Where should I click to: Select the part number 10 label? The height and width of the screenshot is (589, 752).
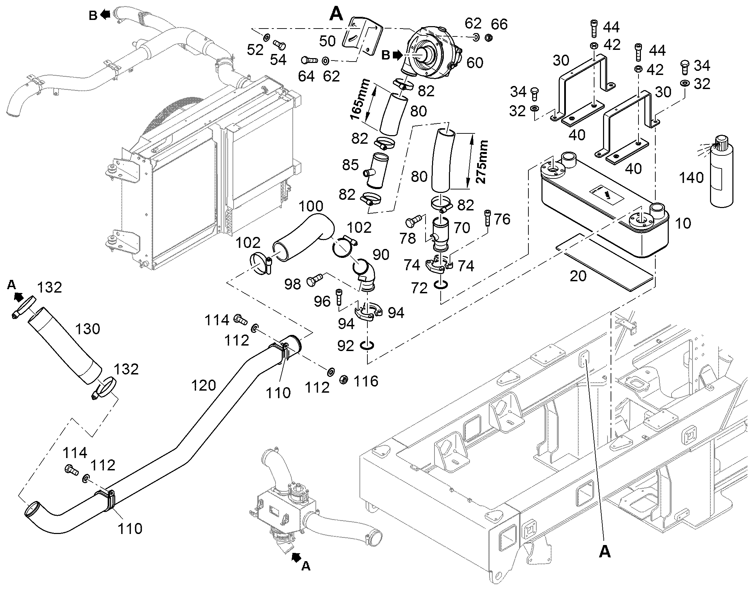(x=683, y=223)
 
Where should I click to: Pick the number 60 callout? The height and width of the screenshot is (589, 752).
(x=475, y=63)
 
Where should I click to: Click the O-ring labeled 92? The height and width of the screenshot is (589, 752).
(x=367, y=345)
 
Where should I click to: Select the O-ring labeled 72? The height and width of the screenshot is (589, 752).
(x=442, y=284)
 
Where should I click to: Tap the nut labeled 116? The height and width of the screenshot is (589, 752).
(x=344, y=380)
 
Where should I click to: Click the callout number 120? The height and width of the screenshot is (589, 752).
(x=204, y=385)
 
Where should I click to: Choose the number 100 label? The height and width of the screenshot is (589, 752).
(x=311, y=206)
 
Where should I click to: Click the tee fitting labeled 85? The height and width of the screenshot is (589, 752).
(x=376, y=171)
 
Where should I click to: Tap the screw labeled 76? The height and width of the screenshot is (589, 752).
(x=487, y=218)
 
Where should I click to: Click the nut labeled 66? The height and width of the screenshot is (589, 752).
(x=488, y=37)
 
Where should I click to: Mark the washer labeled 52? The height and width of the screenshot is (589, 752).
(x=267, y=37)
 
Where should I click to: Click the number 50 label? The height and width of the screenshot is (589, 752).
(x=327, y=41)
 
